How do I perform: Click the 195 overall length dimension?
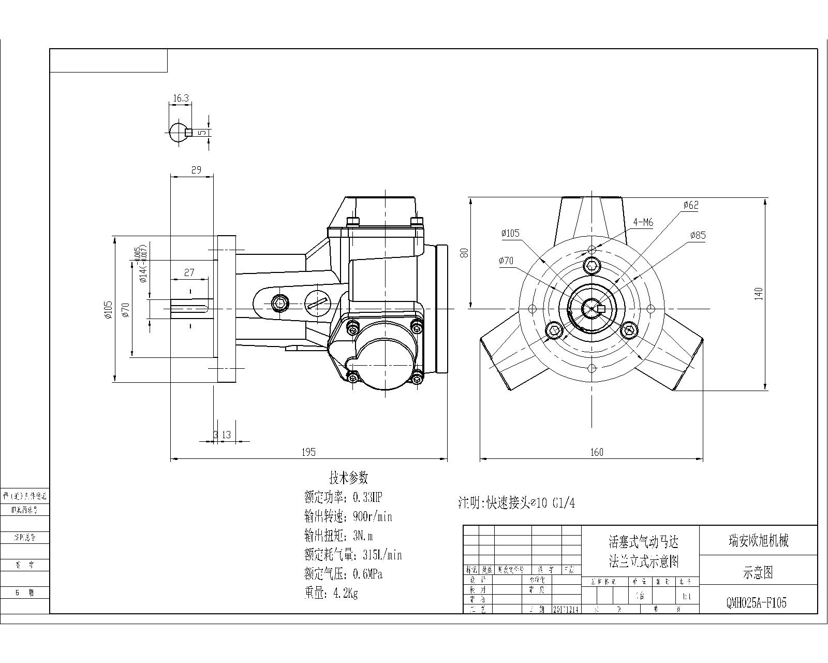pyautogui.click(x=308, y=452)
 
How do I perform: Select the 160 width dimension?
pyautogui.click(x=597, y=452)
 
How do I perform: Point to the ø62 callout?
pyautogui.click(x=691, y=205)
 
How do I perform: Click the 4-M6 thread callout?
pyautogui.click(x=643, y=223)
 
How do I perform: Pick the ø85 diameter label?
pyautogui.click(x=698, y=236)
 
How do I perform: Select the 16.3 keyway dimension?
pyautogui.click(x=181, y=98)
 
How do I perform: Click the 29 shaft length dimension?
pyautogui.click(x=196, y=170)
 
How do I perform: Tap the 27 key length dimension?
pyautogui.click(x=189, y=272)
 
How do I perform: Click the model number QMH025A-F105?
pyautogui.click(x=757, y=603)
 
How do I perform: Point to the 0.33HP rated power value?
pyautogui.click(x=367, y=498)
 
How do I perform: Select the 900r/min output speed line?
pyautogui.click(x=348, y=517)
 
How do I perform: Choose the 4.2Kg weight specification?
pyautogui.click(x=331, y=593)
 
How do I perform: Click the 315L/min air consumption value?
pyautogui.click(x=382, y=555)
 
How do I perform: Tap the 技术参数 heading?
pyautogui.click(x=348, y=477)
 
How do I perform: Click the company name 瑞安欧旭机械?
pyautogui.click(x=758, y=541)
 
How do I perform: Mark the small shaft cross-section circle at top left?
pyautogui.click(x=178, y=132)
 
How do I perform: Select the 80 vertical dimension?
pyautogui.click(x=465, y=253)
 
